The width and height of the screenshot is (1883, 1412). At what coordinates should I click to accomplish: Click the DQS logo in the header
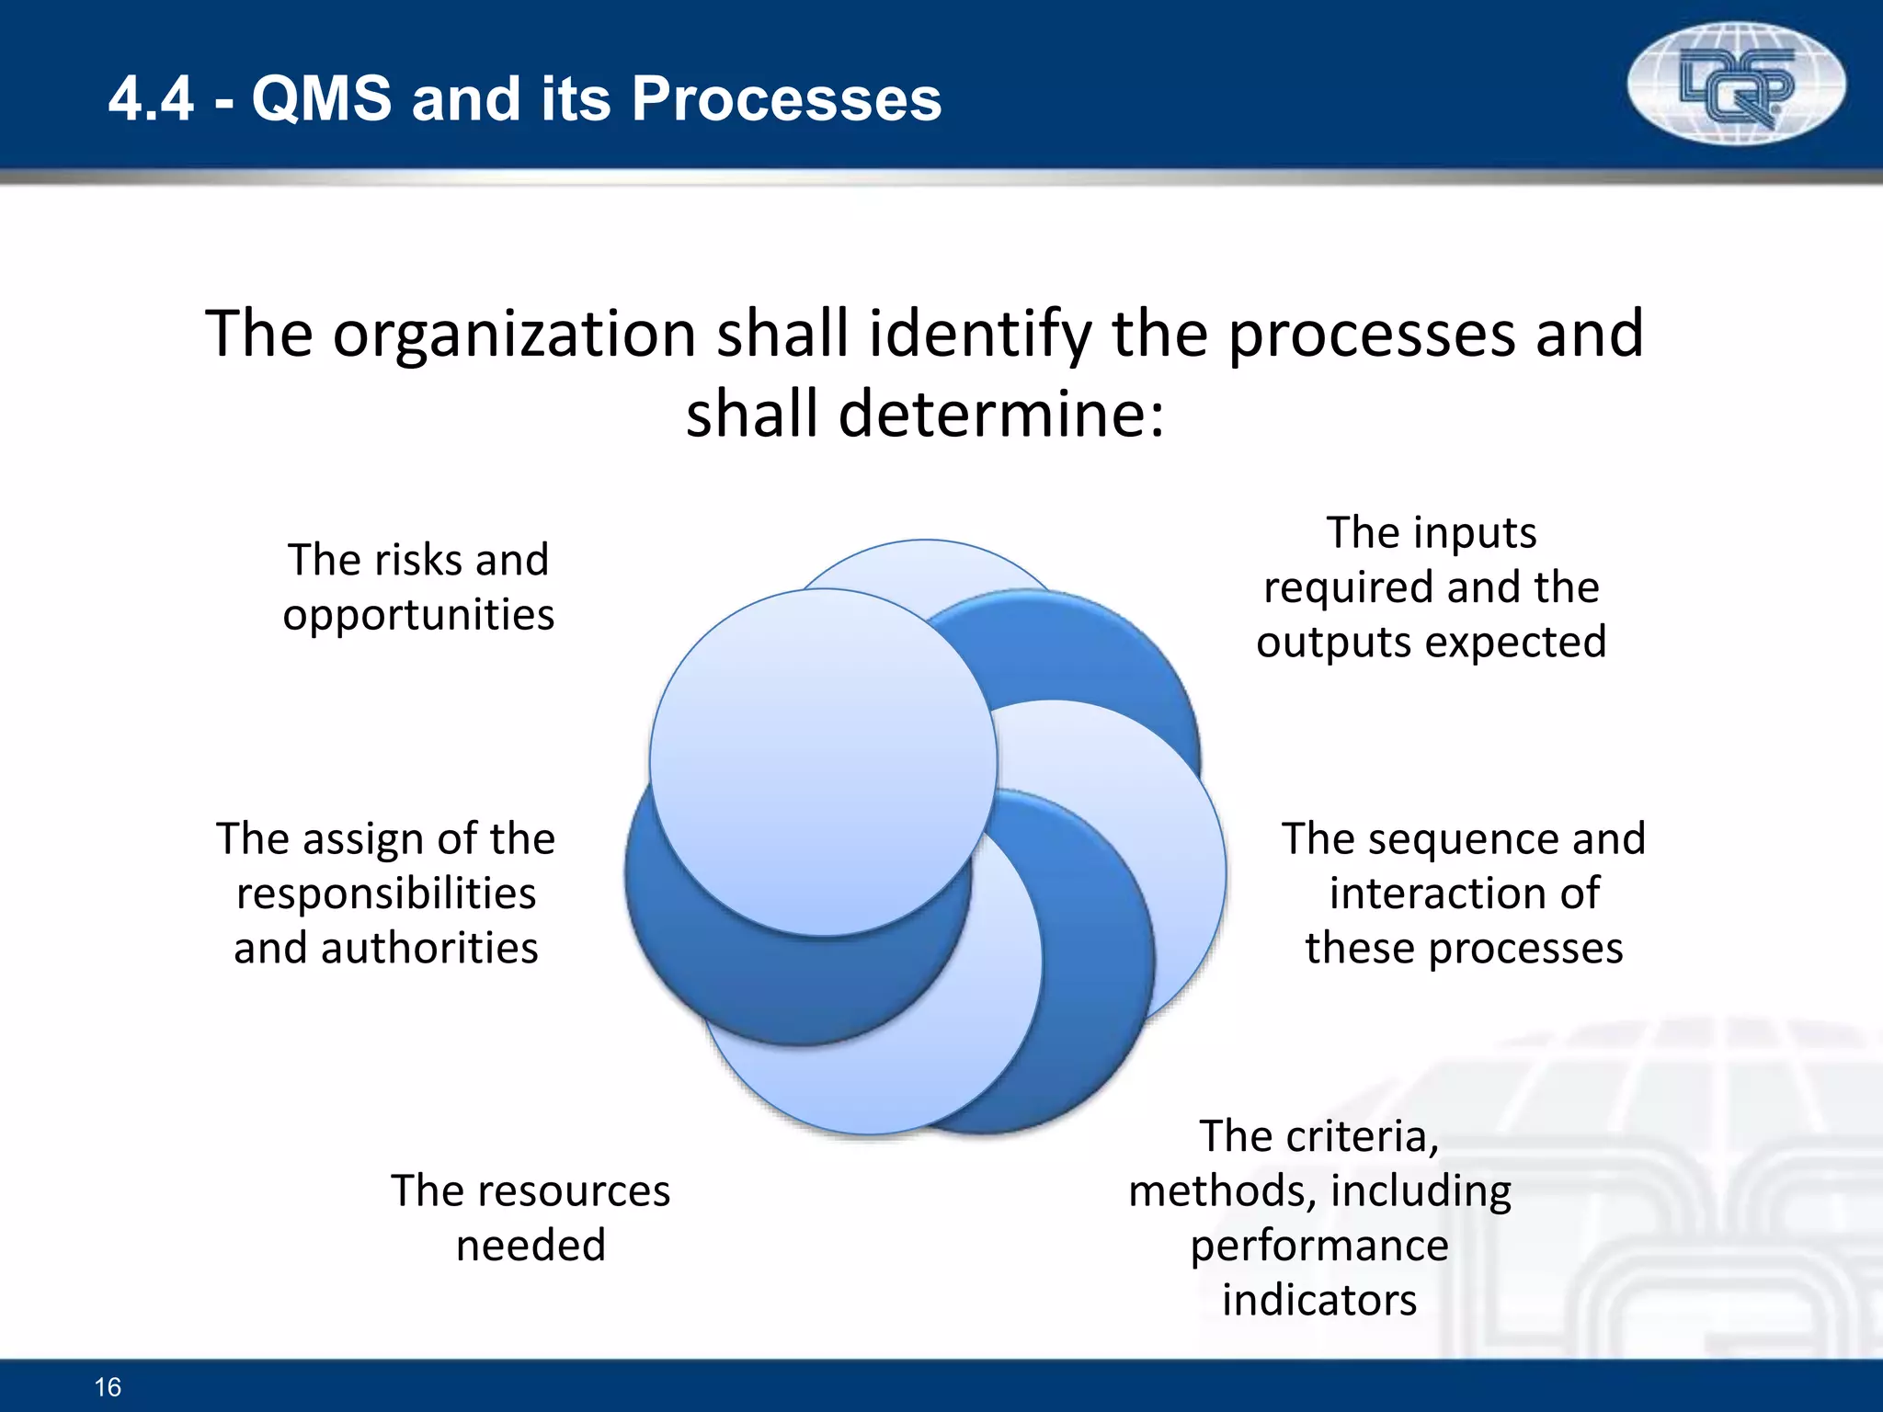click(1736, 85)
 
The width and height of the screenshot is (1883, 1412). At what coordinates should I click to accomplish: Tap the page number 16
click(108, 1386)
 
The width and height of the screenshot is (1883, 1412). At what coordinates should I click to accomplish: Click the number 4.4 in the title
click(151, 98)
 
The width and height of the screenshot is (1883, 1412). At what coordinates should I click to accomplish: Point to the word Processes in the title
click(786, 98)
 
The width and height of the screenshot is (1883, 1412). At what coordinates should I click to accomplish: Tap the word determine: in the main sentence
click(1001, 414)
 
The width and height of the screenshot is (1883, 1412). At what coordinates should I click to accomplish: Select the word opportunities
click(418, 615)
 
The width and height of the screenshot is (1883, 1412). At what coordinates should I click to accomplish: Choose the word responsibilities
click(386, 894)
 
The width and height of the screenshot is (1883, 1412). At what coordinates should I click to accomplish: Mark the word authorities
click(429, 948)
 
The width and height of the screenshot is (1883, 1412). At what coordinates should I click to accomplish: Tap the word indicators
click(1319, 1300)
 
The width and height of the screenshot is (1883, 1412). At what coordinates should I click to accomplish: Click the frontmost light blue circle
click(823, 762)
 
